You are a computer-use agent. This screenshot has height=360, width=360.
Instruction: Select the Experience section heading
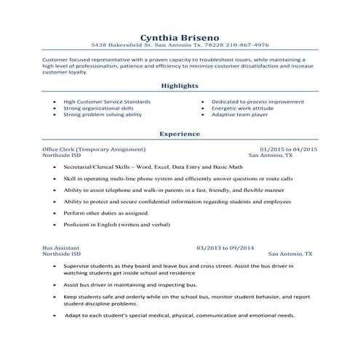point(180,134)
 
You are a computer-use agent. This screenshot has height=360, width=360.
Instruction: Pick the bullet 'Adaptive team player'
point(238,114)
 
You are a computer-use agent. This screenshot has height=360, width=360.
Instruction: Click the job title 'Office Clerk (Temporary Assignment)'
point(95,149)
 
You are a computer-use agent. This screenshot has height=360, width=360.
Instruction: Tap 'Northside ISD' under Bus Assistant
point(63,255)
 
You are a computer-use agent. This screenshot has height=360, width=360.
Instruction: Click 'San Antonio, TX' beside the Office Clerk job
point(271,156)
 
